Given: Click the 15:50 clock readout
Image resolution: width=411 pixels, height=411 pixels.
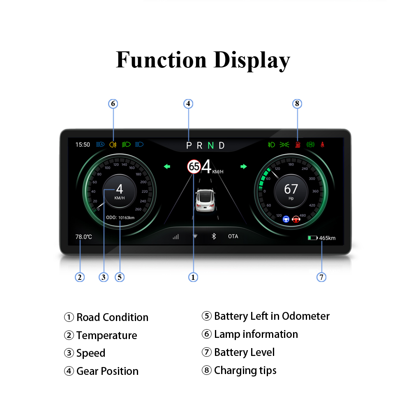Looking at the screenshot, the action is click(83, 145).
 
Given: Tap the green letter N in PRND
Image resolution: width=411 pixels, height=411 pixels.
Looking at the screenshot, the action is click(210, 145).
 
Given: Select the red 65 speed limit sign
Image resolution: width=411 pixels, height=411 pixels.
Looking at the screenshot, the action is click(194, 166).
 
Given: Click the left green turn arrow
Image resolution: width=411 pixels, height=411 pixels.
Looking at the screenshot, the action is click(167, 166).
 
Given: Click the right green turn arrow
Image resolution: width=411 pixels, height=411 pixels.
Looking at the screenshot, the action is click(243, 166).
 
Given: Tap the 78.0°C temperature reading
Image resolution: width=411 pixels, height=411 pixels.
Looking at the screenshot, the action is click(83, 237).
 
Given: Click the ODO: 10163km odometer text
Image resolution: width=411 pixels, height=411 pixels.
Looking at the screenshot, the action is click(120, 217).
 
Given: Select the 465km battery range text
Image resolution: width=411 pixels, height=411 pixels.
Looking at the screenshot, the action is click(327, 238).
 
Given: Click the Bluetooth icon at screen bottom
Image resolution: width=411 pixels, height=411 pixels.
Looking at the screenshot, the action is click(214, 236).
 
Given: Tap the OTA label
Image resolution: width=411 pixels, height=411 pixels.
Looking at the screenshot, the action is click(233, 236).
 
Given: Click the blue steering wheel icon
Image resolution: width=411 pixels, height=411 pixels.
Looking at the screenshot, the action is click(286, 219).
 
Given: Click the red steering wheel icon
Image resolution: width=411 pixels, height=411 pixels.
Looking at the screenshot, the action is click(296, 219).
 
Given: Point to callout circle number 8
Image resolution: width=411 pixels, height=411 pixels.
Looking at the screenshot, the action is click(297, 104).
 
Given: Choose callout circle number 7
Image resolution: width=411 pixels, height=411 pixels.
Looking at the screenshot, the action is click(321, 277).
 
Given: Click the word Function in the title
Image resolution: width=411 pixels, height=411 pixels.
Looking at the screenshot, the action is click(161, 60).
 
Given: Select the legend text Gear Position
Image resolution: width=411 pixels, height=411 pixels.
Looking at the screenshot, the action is click(107, 371).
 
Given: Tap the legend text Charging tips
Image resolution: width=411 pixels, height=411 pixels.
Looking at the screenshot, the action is click(245, 371).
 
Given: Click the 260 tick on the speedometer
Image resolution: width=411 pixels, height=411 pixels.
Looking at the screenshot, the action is click(138, 209).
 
